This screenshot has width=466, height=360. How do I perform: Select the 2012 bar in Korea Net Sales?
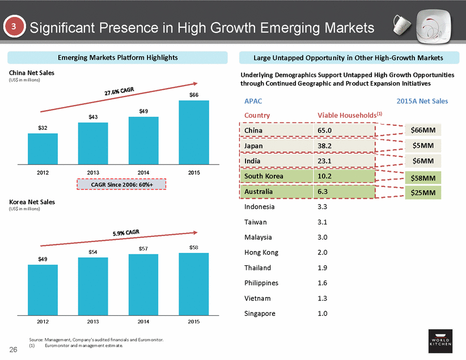coord(43,288)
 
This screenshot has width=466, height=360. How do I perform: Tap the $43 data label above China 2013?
coord(93,117)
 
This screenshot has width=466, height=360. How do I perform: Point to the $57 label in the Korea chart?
coord(143,249)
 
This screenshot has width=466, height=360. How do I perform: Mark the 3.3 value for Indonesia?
coord(322,207)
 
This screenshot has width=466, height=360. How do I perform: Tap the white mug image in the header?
coord(403,24)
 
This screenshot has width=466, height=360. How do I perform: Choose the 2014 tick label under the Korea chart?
coord(143,321)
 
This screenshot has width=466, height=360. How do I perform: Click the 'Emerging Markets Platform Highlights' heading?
coord(118,58)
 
